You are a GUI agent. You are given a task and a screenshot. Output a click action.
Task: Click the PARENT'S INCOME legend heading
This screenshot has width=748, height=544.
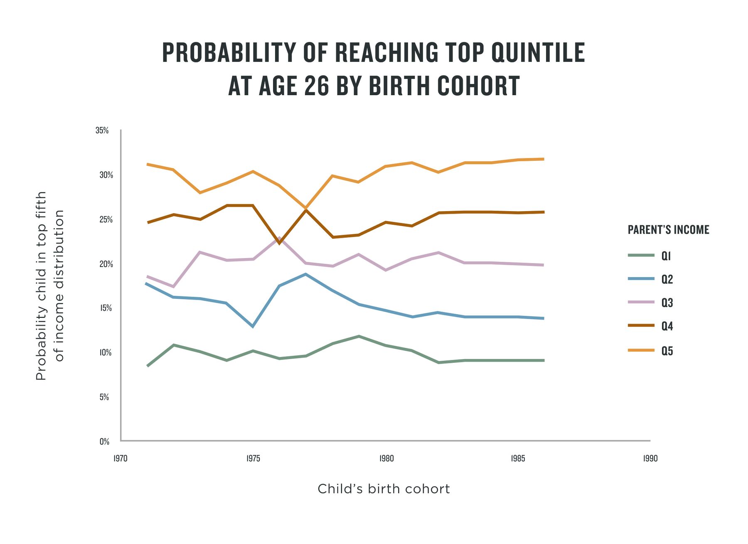(668, 230)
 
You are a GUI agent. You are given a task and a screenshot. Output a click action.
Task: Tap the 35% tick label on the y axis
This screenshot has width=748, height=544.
(102, 130)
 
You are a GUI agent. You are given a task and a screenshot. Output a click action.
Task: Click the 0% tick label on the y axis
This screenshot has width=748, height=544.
(104, 441)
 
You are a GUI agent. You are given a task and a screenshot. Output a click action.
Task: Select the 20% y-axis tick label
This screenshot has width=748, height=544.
(106, 264)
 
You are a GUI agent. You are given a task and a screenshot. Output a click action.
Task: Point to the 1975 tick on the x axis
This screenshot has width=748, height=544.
(253, 458)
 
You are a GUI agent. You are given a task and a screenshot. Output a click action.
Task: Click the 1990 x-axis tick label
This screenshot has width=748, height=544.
(650, 458)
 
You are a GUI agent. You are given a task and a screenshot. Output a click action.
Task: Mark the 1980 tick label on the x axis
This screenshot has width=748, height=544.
(386, 458)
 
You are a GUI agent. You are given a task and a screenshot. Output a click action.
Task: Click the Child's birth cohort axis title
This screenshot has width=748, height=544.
(384, 489)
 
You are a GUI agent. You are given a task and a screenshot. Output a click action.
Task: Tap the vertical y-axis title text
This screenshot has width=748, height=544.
(50, 286)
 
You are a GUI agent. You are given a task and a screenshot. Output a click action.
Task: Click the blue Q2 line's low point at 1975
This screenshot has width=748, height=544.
(253, 326)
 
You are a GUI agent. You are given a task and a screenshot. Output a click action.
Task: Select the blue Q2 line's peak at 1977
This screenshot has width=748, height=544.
(306, 274)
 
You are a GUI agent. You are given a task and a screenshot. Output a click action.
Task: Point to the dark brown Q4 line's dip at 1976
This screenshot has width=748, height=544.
(279, 243)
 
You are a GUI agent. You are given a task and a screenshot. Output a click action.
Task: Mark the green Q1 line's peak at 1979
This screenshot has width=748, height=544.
(359, 336)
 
